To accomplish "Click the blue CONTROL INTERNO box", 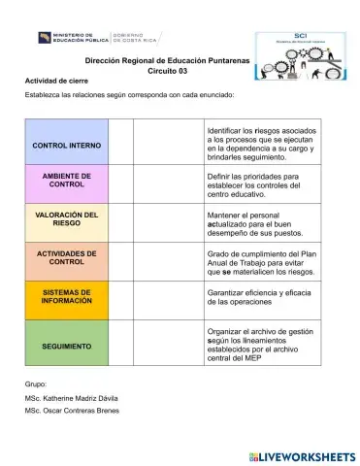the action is (x=66, y=145).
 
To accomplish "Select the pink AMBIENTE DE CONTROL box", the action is (x=66, y=180).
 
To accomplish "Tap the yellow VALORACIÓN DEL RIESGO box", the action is (x=66, y=218).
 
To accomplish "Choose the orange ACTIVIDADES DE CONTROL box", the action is (x=66, y=257).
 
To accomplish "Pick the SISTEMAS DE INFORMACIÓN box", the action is (x=66, y=296).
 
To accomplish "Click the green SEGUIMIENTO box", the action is (x=66, y=345).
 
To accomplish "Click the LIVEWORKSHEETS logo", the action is (x=300, y=454).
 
